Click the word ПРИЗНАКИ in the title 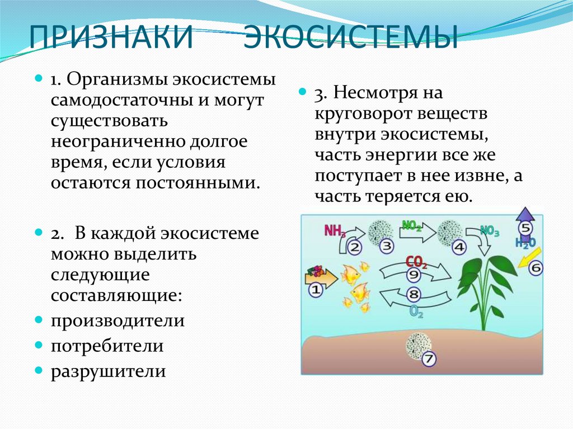111,36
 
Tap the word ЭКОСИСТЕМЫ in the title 351,36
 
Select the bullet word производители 118,321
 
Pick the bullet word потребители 107,346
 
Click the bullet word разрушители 108,371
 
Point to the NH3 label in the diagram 335,231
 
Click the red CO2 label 416,262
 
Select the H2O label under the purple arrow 525,243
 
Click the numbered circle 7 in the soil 429,359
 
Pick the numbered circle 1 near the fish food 316,290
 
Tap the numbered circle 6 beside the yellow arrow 536,268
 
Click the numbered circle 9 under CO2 414,275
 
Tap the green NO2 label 412,225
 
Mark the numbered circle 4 459,247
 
